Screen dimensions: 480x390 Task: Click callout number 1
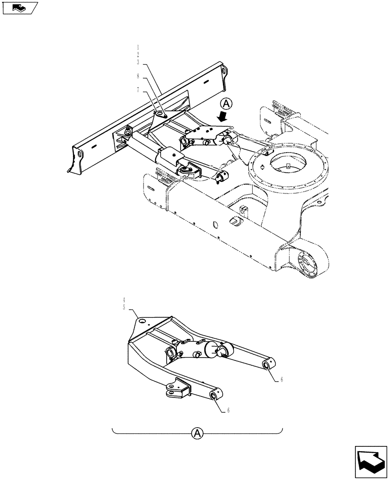138,48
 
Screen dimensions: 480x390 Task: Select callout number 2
138,55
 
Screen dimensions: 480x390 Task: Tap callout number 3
138,62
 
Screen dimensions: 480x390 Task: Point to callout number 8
138,76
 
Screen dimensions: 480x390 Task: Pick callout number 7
138,90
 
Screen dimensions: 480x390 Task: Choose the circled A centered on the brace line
197,433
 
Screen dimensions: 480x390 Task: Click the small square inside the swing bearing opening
289,167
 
